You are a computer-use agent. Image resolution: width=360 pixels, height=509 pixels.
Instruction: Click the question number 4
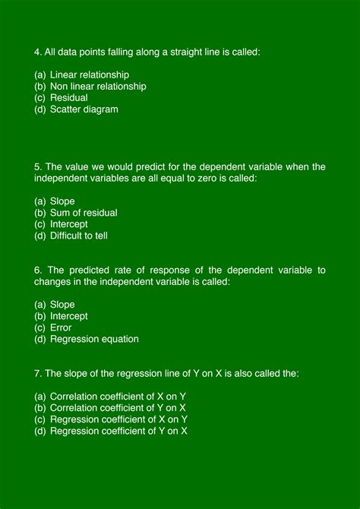38,52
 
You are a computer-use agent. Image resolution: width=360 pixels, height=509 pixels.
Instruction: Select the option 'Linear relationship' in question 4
89,75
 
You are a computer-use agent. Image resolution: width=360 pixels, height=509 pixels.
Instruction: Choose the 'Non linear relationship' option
98,87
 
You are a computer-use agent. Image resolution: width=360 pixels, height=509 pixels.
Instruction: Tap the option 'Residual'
68,98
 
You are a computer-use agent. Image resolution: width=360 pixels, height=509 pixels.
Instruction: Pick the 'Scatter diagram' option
84,109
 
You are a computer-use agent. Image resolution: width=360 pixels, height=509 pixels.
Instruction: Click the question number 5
38,166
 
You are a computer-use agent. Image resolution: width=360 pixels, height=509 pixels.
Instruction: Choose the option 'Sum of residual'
84,213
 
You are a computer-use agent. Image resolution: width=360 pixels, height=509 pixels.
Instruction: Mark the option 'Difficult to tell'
79,236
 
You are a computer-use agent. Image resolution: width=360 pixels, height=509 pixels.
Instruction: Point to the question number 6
38,270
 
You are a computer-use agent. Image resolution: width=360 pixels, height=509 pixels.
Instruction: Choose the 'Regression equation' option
94,339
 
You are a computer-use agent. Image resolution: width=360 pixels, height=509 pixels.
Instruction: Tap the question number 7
38,373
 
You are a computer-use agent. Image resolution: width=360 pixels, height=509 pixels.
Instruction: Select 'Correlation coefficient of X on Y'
118,397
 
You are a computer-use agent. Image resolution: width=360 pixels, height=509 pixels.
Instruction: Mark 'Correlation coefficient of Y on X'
118,408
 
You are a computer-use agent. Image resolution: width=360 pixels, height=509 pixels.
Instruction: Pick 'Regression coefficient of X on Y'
118,419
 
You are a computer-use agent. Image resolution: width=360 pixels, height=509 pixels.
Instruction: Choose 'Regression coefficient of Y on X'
118,431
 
